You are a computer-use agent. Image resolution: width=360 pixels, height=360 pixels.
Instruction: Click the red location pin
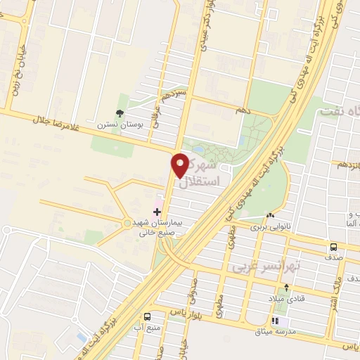(180, 165)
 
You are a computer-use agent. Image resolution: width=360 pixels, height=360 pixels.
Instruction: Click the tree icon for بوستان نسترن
(120, 112)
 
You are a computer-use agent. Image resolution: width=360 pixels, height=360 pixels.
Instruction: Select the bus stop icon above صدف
(334, 247)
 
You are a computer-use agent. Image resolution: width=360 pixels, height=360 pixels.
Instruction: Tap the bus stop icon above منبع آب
(148, 316)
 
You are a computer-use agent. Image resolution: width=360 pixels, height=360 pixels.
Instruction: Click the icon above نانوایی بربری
(270, 215)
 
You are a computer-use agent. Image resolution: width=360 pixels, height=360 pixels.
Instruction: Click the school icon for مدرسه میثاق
(293, 321)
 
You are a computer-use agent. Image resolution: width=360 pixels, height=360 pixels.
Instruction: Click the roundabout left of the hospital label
(127, 224)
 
